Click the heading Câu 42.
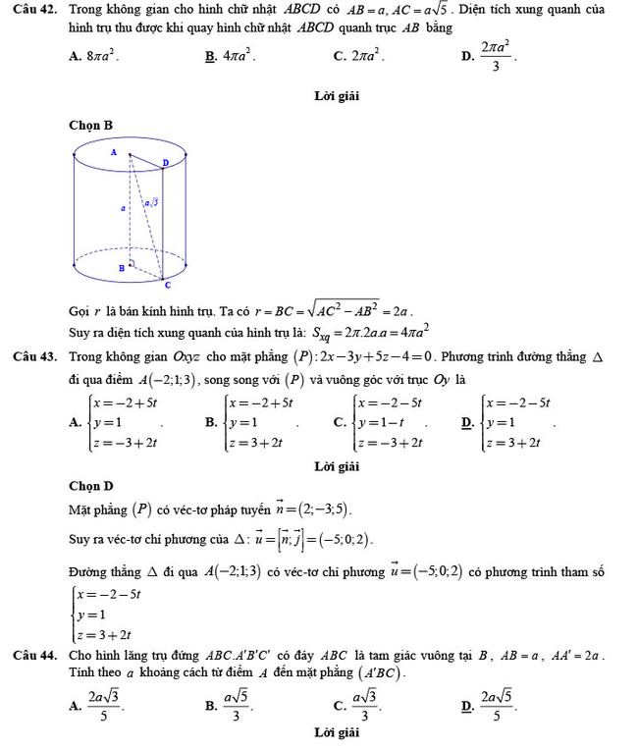point(37,10)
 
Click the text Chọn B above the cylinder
point(91,125)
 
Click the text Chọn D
point(91,485)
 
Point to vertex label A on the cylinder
point(114,153)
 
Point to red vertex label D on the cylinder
point(165,162)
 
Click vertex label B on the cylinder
point(122,266)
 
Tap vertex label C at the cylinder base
point(167,285)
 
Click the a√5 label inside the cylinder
point(151,203)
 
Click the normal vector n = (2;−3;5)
point(309,510)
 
